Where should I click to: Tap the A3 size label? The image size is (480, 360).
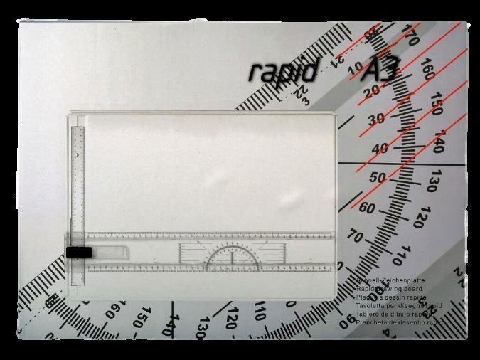(382, 70)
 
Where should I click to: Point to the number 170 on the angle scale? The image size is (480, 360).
(410, 31)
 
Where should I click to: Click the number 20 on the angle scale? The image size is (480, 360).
(370, 92)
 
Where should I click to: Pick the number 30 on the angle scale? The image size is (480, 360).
(375, 118)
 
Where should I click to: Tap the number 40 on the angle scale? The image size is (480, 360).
(379, 149)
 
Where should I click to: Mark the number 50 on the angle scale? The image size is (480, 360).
(378, 178)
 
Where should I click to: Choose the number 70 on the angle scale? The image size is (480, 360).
(356, 237)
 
